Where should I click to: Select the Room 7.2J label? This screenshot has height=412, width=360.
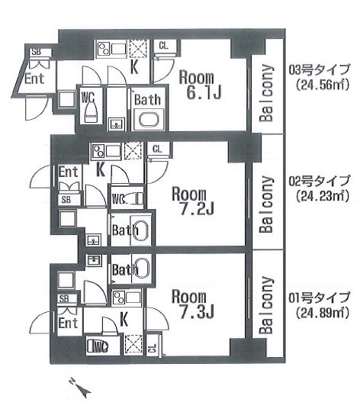(193, 201)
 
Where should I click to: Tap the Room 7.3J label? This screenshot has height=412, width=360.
(193, 304)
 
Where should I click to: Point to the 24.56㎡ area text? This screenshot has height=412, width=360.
(322, 85)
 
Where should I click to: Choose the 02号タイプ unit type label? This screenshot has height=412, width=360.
(320, 181)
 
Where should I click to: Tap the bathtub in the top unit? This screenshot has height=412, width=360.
(149, 120)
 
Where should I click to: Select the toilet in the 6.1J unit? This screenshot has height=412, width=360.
(91, 111)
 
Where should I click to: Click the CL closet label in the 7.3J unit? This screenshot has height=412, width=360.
(153, 348)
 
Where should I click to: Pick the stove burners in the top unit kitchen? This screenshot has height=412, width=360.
(103, 49)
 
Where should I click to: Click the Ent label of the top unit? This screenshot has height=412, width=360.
(34, 79)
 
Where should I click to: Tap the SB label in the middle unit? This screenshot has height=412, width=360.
(66, 200)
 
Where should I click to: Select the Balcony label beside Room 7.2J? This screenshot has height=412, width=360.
(266, 204)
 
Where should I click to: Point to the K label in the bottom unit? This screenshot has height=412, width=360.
(124, 319)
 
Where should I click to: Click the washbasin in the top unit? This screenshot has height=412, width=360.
(116, 124)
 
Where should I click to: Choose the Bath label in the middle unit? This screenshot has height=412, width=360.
(125, 230)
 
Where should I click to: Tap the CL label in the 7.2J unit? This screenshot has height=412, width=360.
(157, 150)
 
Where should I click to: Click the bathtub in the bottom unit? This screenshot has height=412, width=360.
(143, 269)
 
